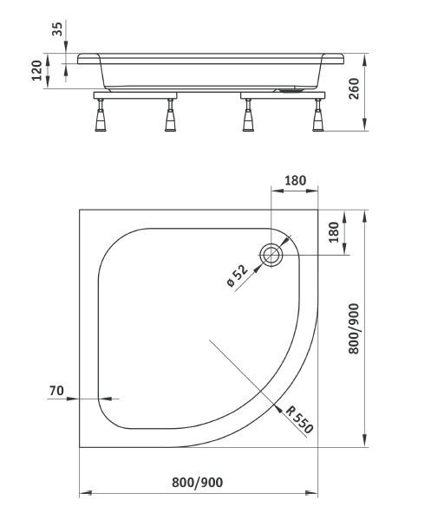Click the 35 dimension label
(58, 29)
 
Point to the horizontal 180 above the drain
(295, 181)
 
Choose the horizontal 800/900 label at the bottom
(198, 483)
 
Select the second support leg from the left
(171, 117)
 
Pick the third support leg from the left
(249, 117)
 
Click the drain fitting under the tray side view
(291, 87)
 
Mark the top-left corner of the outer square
(80, 209)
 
